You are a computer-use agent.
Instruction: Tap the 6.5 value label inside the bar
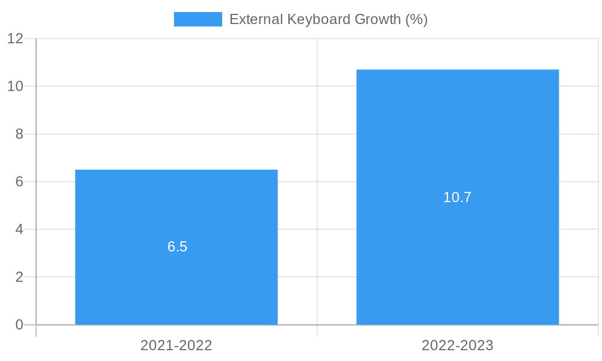178,247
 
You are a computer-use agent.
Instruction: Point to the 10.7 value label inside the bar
458,197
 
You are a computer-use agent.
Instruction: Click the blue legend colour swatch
197,19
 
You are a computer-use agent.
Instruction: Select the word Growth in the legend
377,19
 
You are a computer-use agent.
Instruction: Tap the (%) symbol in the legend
416,19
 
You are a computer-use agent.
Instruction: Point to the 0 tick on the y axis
19,325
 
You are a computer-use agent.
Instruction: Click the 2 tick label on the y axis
19,277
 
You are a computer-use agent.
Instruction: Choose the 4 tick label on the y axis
19,229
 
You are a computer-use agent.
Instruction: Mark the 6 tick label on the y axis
19,182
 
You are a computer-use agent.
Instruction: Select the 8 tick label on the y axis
19,134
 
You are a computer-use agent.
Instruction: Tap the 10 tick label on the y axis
16,86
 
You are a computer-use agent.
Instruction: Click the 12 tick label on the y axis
16,39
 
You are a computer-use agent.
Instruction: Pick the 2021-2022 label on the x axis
176,345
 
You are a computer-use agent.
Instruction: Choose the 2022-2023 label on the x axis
458,345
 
